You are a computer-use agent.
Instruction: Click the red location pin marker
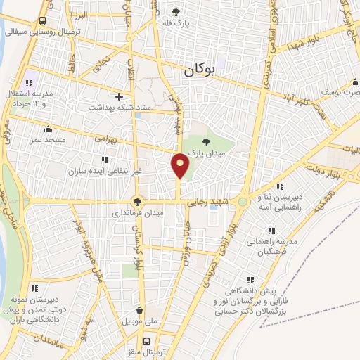tap(180, 166)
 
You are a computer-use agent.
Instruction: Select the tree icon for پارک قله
tap(176, 12)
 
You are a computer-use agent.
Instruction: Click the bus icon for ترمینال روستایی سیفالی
tap(43, 21)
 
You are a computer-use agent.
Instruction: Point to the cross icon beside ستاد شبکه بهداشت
tap(119, 96)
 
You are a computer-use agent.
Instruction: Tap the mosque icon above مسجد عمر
tap(47, 129)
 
